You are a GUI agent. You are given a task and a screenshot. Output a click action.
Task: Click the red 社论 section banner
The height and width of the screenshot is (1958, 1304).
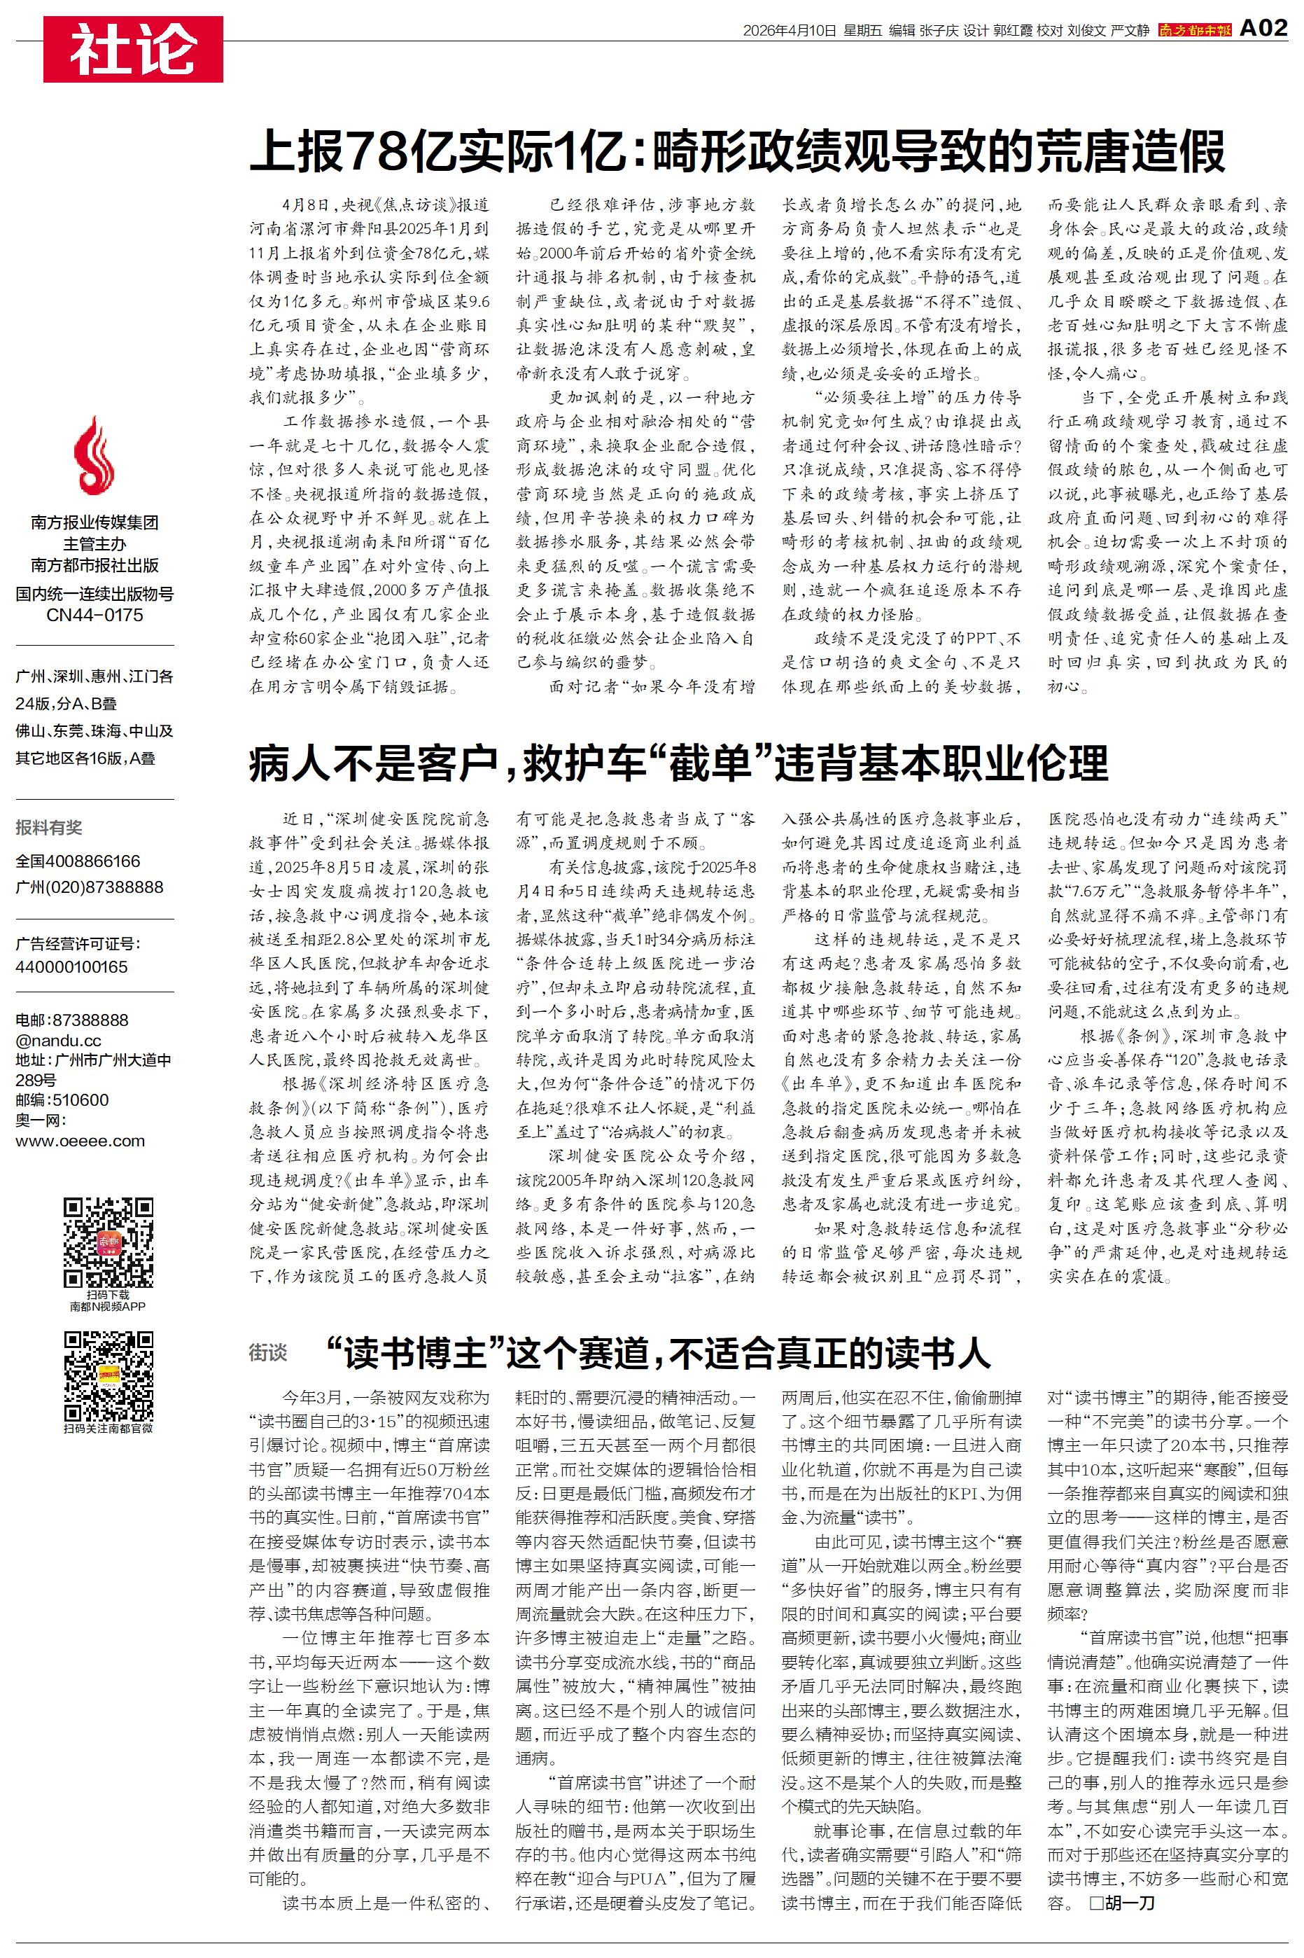tap(133, 49)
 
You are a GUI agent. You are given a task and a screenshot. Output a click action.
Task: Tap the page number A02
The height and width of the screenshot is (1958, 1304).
tap(1263, 29)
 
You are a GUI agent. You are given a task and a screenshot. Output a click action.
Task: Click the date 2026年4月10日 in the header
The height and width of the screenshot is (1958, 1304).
tap(788, 31)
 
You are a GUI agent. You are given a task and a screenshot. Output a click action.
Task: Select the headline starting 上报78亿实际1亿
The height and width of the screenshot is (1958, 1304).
tap(737, 151)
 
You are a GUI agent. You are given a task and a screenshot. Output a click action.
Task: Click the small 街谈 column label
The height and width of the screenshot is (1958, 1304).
tap(268, 1353)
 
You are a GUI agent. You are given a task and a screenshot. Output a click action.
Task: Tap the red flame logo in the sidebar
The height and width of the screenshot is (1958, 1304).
tap(94, 456)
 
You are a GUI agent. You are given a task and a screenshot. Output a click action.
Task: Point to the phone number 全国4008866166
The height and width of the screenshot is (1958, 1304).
tap(78, 861)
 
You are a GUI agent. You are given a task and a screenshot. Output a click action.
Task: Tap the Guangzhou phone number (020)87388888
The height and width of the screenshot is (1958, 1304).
tap(90, 887)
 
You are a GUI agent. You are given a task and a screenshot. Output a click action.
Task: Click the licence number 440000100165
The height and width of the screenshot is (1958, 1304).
tap(71, 966)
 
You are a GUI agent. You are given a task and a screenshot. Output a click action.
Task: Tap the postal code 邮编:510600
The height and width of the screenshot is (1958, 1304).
tap(62, 1099)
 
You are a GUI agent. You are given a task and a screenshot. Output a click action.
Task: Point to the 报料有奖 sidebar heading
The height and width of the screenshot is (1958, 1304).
tap(49, 827)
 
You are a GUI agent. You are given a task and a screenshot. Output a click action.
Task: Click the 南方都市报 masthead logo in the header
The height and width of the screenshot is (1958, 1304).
tap(1194, 31)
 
